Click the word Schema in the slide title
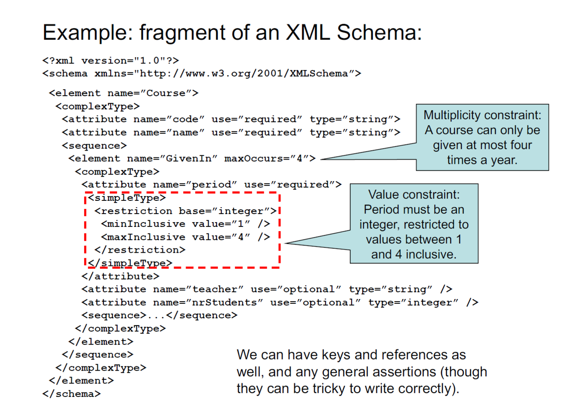[379, 32]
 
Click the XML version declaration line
[111, 60]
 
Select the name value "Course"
[166, 93]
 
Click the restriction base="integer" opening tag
[185, 211]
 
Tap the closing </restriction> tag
[140, 250]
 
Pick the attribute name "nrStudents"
[224, 302]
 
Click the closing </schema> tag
[72, 393]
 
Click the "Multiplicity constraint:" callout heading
[482, 115]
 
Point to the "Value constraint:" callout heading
[414, 194]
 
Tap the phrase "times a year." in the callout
[482, 160]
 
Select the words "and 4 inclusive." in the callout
[414, 254]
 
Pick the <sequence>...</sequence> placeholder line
[159, 315]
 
